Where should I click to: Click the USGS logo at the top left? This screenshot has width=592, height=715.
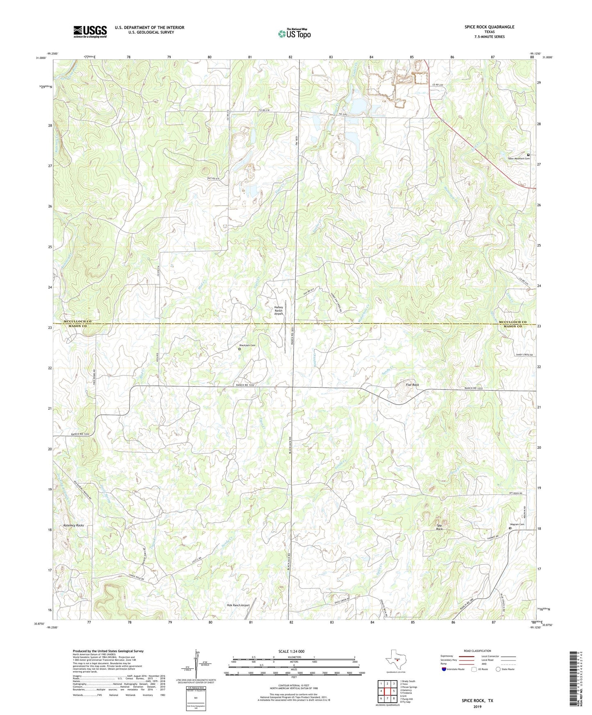tap(90, 32)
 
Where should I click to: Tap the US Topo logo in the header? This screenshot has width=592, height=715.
tap(294, 34)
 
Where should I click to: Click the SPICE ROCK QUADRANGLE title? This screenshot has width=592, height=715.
tap(489, 27)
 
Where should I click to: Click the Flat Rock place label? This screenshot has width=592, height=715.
tap(412, 385)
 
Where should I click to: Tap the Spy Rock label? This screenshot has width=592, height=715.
tap(439, 527)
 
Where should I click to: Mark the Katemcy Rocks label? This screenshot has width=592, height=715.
tap(74, 525)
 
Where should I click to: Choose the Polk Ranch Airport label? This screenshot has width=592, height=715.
tap(238, 605)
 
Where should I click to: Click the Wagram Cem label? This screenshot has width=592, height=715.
tap(517, 524)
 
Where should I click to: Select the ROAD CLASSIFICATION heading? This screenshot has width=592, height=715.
tap(477, 651)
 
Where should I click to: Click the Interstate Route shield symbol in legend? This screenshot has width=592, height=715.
tap(445, 670)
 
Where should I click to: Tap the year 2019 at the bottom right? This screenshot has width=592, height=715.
tap(477, 706)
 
